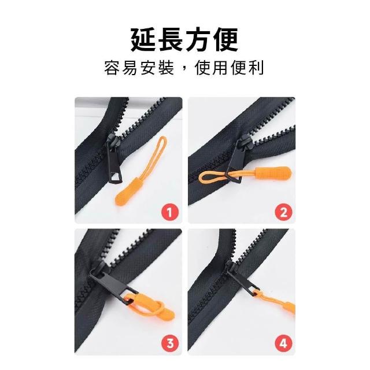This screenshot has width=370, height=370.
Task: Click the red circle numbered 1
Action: [170, 212]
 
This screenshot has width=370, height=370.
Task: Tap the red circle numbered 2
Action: [283, 212]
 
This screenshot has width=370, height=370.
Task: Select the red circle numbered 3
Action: [170, 343]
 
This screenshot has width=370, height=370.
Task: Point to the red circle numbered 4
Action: [283, 343]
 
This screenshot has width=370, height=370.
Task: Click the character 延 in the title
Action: [144, 39]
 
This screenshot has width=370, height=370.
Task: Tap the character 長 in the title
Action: [171, 39]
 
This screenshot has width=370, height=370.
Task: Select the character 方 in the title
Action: [199, 39]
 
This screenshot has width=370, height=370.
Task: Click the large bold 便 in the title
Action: [226, 39]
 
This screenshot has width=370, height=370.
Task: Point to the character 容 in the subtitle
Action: [112, 68]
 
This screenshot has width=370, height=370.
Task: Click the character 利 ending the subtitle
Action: [256, 68]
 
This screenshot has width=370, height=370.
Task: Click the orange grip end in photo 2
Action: [273, 173]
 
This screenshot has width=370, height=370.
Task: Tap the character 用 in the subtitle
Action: [220, 68]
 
